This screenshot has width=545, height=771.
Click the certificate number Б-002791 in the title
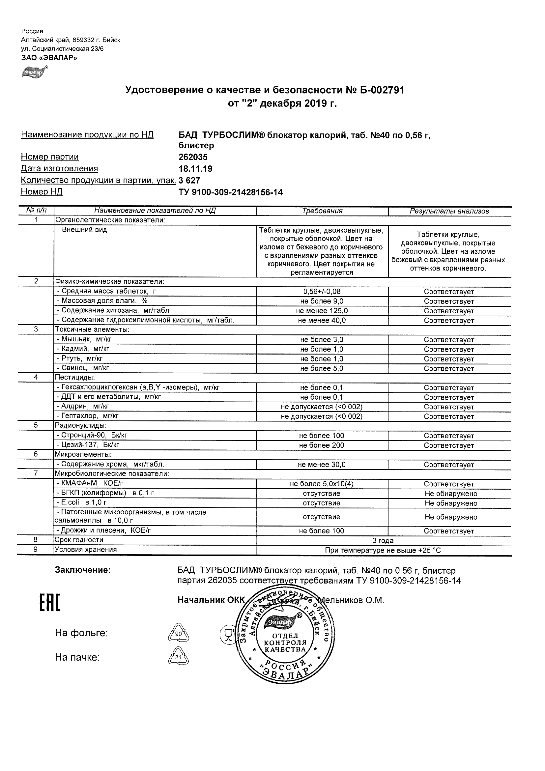(380, 90)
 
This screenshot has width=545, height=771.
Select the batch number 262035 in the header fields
(193, 157)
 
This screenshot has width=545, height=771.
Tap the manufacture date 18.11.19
(195, 169)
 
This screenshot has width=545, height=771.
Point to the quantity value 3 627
(189, 181)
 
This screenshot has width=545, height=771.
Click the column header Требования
(322, 211)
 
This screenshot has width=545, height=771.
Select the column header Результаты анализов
(449, 211)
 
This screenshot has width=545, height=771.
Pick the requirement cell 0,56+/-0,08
(322, 292)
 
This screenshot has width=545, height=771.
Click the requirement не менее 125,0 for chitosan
(322, 311)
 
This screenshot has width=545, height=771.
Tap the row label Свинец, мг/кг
(83, 368)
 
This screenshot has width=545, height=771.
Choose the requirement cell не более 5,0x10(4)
(322, 484)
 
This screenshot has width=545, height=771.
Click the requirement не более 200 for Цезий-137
(322, 445)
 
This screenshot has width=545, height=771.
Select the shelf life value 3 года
(383, 541)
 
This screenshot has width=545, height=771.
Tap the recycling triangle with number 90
(178, 634)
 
